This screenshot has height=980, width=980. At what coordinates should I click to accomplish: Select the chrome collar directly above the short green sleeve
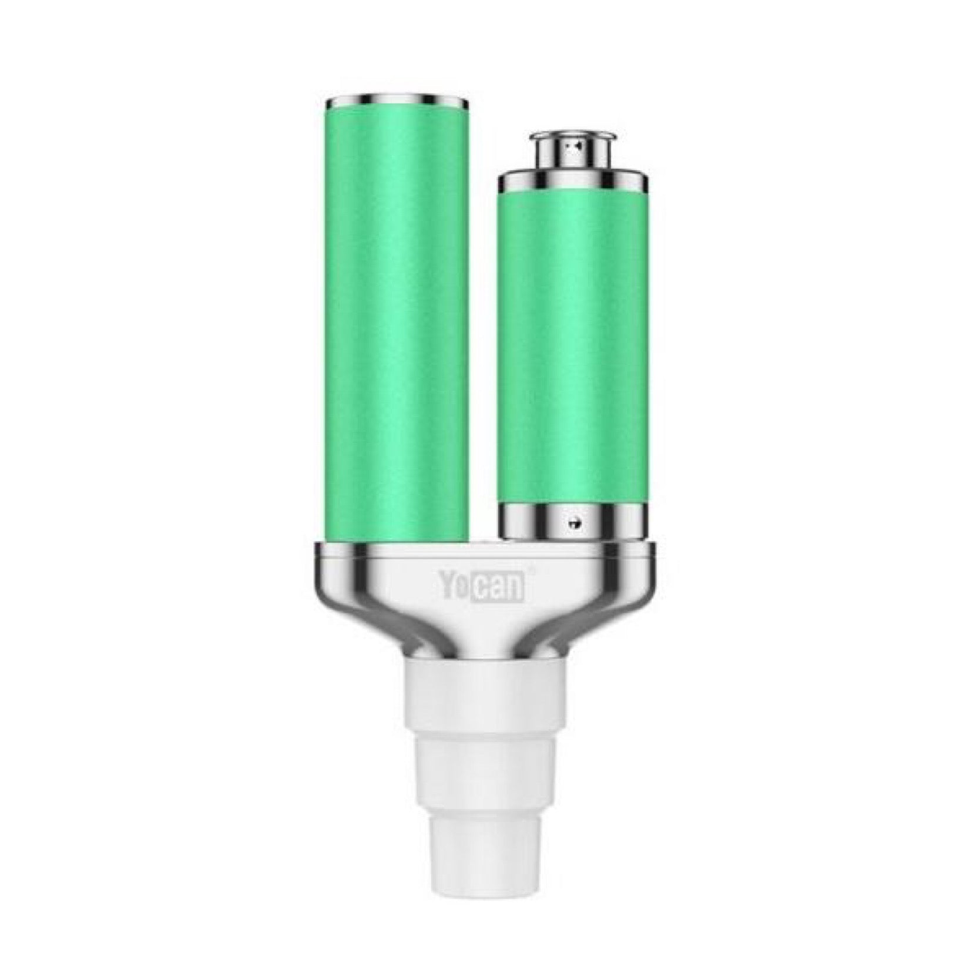pyautogui.click(x=573, y=184)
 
